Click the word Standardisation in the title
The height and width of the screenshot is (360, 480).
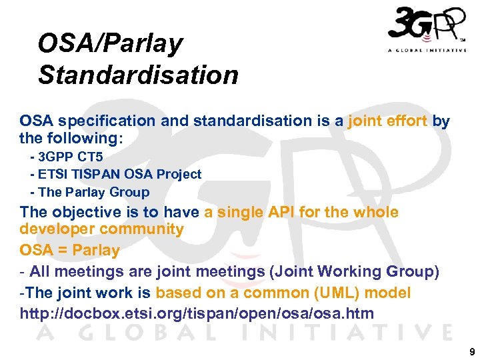(138, 75)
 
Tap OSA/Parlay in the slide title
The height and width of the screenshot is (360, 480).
(110, 43)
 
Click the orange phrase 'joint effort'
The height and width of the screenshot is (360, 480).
(387, 121)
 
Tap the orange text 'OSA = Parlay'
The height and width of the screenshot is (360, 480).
(70, 251)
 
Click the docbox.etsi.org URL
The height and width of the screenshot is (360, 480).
(197, 313)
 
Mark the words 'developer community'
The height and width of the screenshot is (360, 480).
(102, 229)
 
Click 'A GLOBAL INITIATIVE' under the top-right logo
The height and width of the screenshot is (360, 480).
(427, 51)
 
